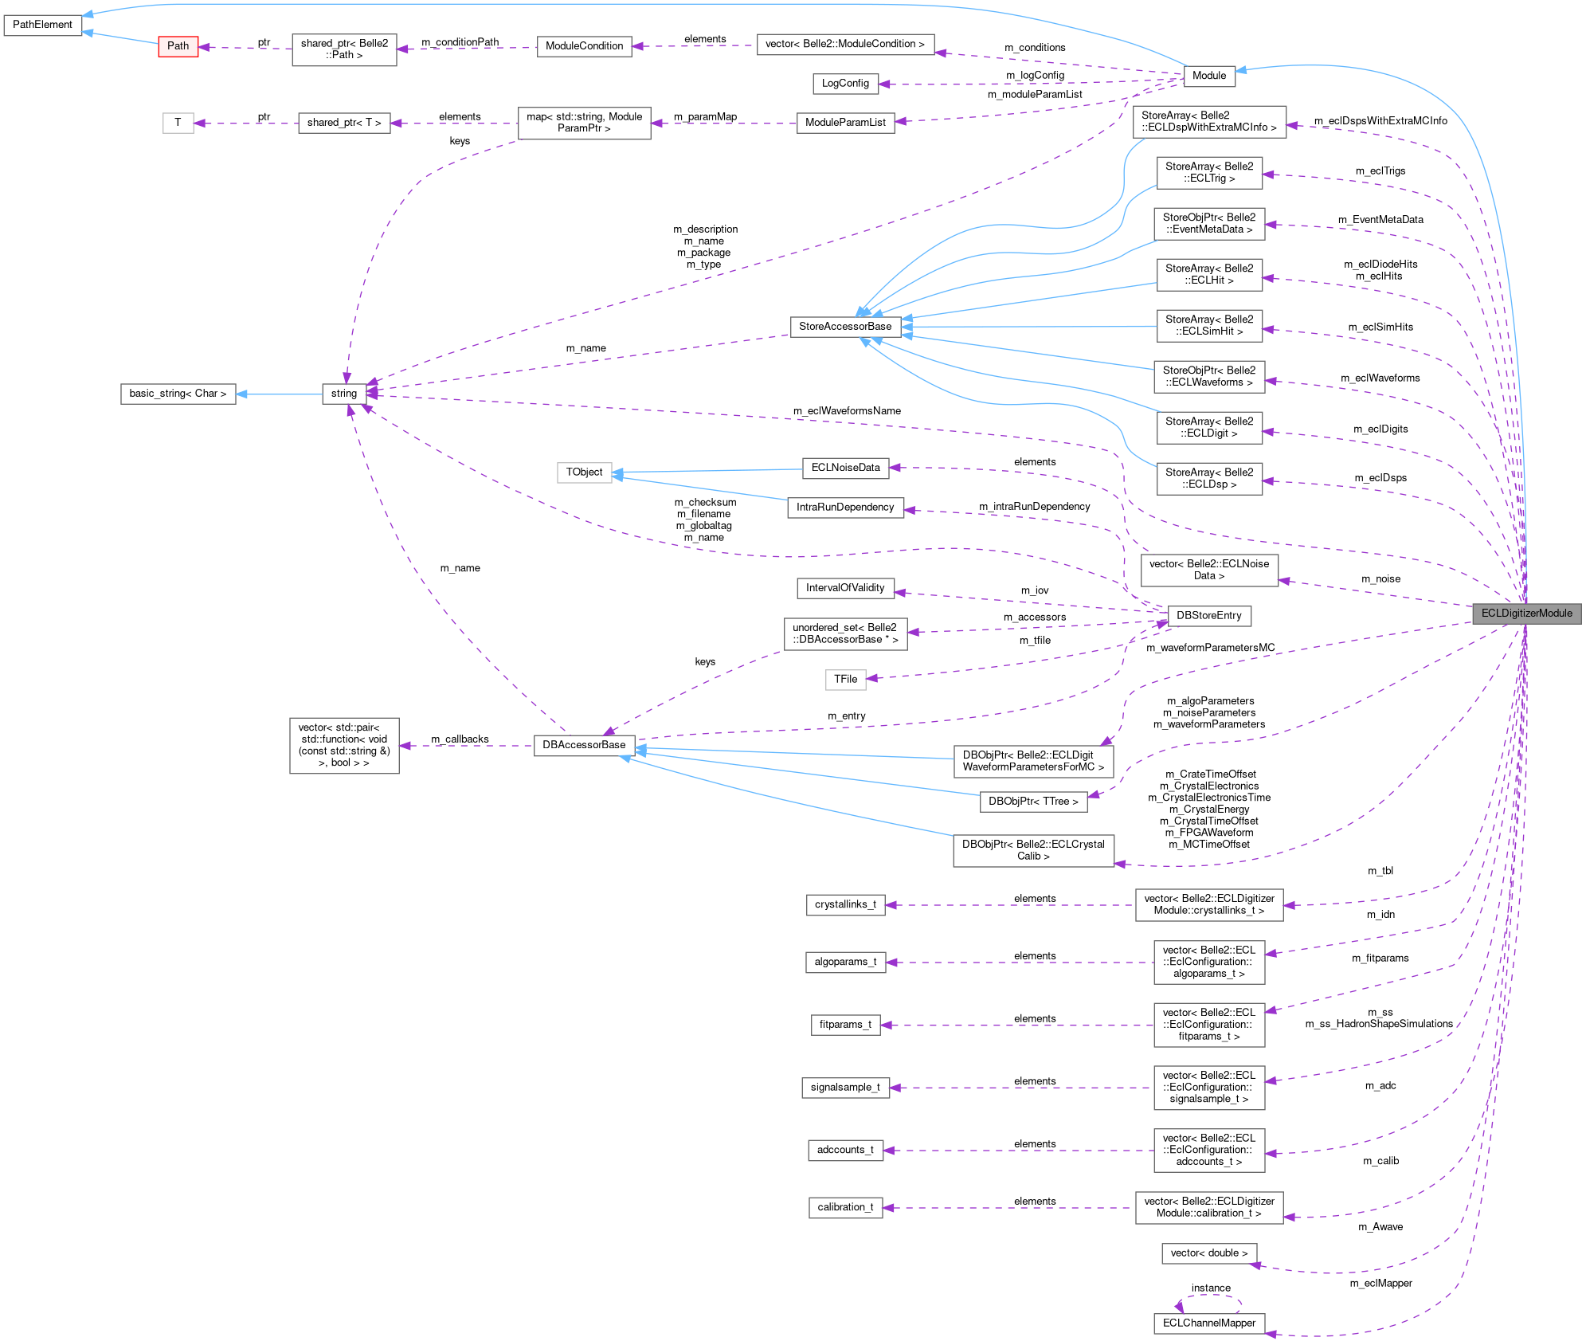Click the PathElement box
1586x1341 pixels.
[x=42, y=25]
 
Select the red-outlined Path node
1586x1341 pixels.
[x=178, y=46]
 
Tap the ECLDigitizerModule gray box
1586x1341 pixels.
[x=1526, y=614]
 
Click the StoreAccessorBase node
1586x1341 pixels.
[x=845, y=327]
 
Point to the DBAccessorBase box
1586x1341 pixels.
[x=584, y=745]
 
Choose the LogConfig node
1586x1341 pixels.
[x=845, y=84]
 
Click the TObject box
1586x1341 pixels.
[x=584, y=472]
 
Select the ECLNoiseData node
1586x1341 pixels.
[x=845, y=468]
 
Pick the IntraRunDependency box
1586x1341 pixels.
[x=845, y=508]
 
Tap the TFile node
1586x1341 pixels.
[x=845, y=680]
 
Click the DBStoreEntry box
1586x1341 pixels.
[x=1208, y=616]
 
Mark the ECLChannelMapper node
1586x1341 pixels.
[x=1208, y=1323]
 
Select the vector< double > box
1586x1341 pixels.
[x=1208, y=1253]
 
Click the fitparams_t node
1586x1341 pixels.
[x=845, y=1025]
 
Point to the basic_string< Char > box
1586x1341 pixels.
[x=178, y=394]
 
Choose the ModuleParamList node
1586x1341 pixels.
[x=845, y=123]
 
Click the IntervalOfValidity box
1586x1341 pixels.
[x=845, y=588]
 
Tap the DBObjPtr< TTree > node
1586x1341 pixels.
[x=1033, y=802]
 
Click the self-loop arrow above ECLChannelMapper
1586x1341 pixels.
[x=1209, y=1296]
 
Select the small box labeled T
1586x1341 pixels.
[x=178, y=123]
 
